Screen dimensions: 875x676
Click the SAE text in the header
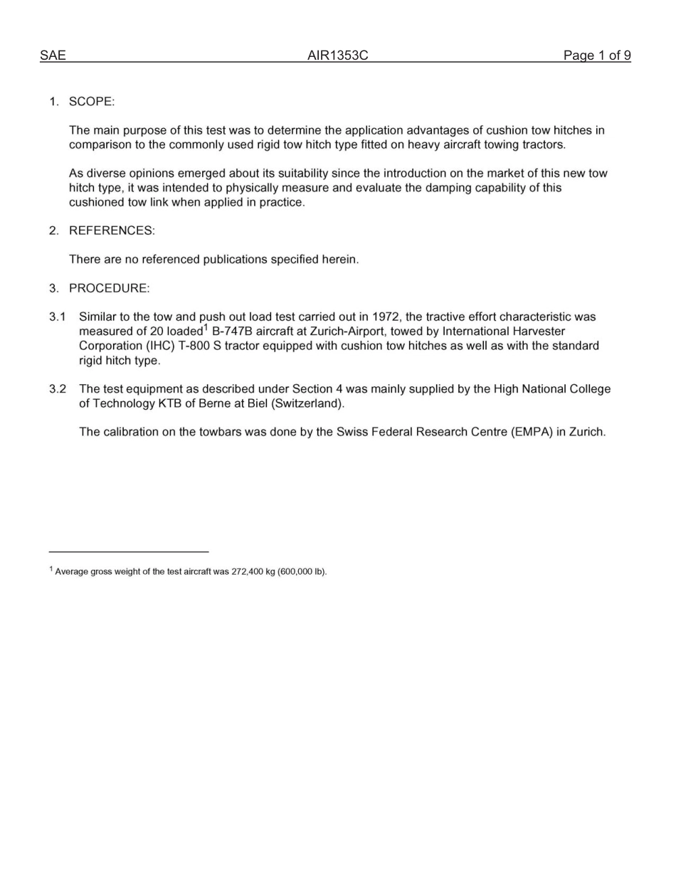tap(53, 55)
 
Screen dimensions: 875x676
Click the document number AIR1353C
tap(337, 55)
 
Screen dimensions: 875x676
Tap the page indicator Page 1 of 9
tap(596, 55)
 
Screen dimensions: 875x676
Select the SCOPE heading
tap(91, 102)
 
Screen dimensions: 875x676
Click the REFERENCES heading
tap(112, 230)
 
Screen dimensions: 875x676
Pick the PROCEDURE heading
tap(109, 288)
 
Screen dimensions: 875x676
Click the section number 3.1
tap(58, 317)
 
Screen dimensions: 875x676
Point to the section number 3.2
tap(58, 389)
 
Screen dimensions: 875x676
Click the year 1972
tap(386, 317)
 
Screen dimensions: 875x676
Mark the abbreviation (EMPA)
tap(532, 432)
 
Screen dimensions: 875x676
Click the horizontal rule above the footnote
tap(129, 551)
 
